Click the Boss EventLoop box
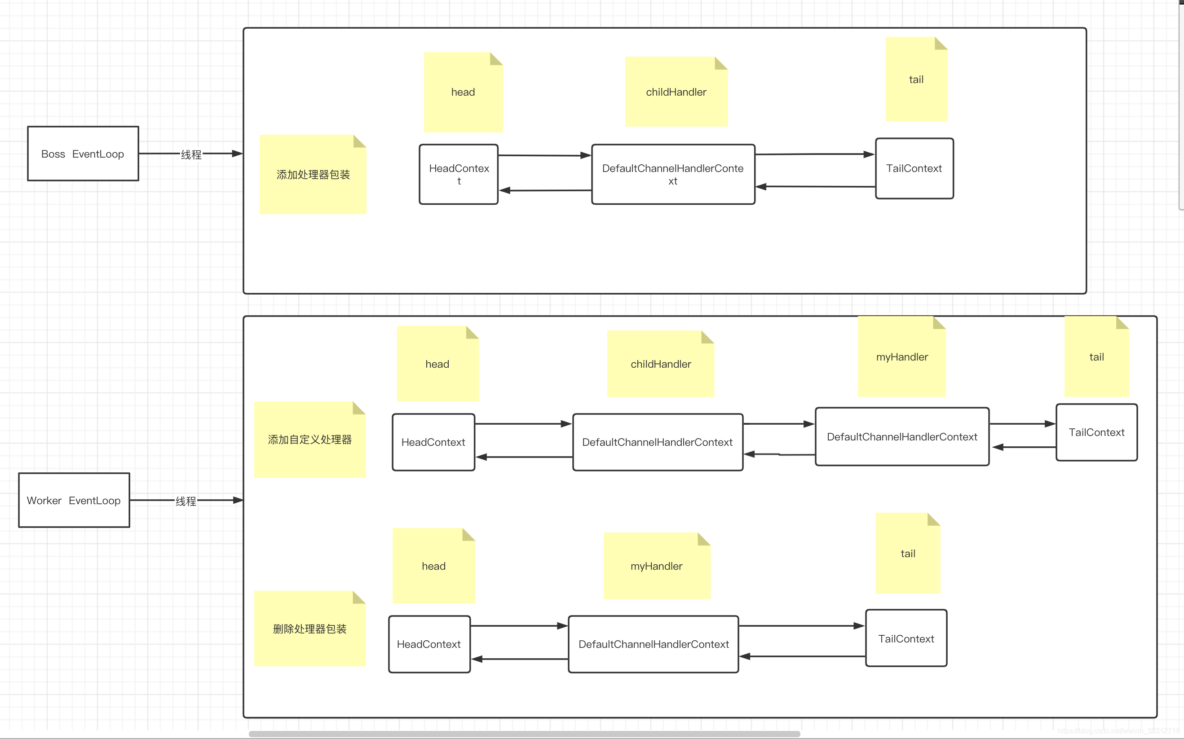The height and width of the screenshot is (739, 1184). [x=83, y=154]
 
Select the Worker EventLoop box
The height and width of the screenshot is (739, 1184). [x=74, y=500]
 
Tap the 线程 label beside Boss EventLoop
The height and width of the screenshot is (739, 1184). [x=191, y=154]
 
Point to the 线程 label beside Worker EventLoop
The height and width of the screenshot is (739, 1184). [x=186, y=501]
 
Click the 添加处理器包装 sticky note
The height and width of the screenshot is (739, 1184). [x=313, y=174]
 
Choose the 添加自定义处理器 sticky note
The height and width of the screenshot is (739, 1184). [x=310, y=440]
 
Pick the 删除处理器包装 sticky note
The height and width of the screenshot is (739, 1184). [x=310, y=629]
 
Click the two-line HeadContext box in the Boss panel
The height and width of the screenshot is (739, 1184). [x=459, y=174]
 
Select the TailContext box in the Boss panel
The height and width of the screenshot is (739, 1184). [x=914, y=168]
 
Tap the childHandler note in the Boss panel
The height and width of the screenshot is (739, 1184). [x=676, y=92]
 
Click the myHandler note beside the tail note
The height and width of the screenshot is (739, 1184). [x=902, y=356]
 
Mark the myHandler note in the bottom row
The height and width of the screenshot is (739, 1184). [x=657, y=566]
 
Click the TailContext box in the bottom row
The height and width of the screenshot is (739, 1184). [x=906, y=638]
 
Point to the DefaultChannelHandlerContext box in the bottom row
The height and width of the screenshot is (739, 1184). [x=654, y=644]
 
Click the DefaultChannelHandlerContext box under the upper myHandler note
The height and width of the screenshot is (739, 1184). [x=902, y=436]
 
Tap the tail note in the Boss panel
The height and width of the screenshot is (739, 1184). [x=917, y=79]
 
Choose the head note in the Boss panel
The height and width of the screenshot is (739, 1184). [x=464, y=92]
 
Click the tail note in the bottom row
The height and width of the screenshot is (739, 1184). [x=908, y=553]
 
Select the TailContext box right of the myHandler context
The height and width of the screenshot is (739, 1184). [x=1096, y=432]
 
